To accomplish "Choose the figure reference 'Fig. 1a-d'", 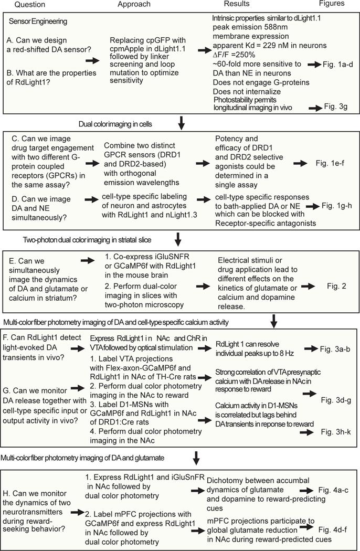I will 338,78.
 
